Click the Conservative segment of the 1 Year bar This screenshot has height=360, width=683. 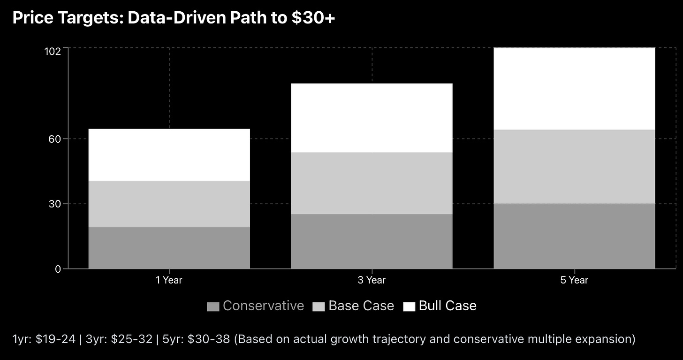pyautogui.click(x=169, y=248)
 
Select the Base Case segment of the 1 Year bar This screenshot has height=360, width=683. pyautogui.click(x=169, y=204)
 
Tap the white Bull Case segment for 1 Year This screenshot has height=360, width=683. pyautogui.click(x=169, y=154)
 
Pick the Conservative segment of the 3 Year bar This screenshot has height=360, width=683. pyautogui.click(x=372, y=241)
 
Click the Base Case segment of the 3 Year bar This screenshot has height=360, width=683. pyautogui.click(x=372, y=183)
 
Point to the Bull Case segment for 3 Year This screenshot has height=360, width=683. pyautogui.click(x=372, y=118)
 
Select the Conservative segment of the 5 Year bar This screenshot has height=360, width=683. pyautogui.click(x=574, y=236)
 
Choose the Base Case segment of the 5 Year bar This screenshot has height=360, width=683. pyautogui.click(x=574, y=166)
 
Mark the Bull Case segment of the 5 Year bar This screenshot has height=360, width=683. pyautogui.click(x=574, y=88)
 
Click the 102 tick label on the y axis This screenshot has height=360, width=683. pyautogui.click(x=53, y=51)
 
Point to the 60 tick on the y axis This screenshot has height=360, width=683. pyautogui.click(x=55, y=139)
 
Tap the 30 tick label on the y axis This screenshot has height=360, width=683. pyautogui.click(x=55, y=204)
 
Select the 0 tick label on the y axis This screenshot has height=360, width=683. pyautogui.click(x=58, y=269)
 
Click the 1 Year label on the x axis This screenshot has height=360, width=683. pyautogui.click(x=169, y=280)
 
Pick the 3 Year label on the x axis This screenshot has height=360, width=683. pyautogui.click(x=372, y=280)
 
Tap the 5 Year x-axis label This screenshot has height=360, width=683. pyautogui.click(x=574, y=280)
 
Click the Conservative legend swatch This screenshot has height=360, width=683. pyautogui.click(x=213, y=306)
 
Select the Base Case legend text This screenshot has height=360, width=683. pyautogui.click(x=361, y=306)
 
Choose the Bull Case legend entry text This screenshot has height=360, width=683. pyautogui.click(x=448, y=306)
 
